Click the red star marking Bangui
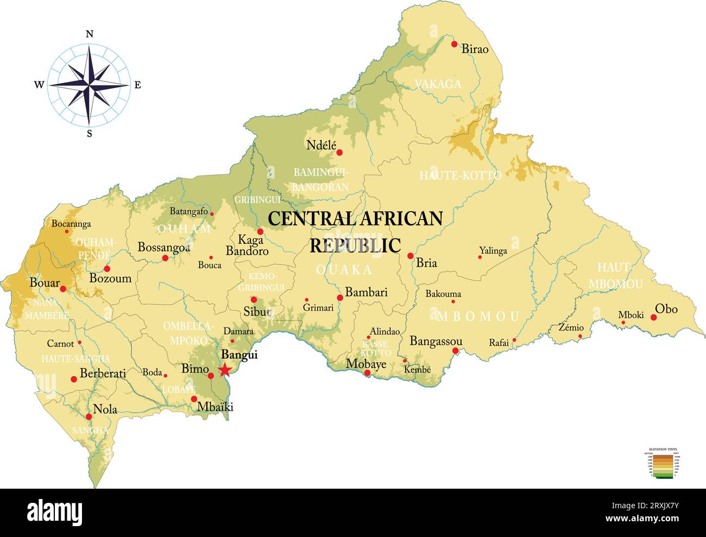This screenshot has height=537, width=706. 224,370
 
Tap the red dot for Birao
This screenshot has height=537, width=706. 455,44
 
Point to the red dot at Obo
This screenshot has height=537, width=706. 654,318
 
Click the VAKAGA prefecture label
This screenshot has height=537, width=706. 438,84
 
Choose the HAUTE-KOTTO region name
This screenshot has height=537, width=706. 460,175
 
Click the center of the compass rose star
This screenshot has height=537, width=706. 90,84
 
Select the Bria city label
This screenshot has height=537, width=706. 426,263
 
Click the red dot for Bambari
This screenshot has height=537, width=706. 340,298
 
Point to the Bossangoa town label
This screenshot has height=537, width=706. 163,247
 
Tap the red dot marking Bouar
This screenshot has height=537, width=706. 63,289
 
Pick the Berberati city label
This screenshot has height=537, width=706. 103,374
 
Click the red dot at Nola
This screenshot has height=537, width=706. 89,417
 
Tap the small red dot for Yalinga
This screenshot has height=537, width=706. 480,257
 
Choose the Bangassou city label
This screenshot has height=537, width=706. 436,341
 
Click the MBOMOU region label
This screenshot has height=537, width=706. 478,316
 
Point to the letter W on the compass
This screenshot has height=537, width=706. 39,85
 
